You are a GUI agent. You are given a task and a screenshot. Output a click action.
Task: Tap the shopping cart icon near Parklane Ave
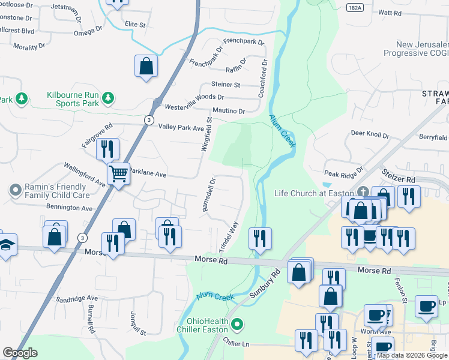pyautogui.click(x=119, y=174)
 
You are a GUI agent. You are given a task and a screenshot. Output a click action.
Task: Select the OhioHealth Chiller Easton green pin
pyautogui.click(x=238, y=326)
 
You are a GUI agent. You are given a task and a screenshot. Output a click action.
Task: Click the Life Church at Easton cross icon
pyautogui.click(x=362, y=192)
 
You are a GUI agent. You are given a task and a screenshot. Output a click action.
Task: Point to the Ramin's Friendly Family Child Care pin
pyautogui.click(x=16, y=191)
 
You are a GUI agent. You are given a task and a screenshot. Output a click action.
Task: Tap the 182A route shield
pyautogui.click(x=355, y=5)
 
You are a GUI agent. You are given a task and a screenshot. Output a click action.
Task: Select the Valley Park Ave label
pyautogui.click(x=181, y=127)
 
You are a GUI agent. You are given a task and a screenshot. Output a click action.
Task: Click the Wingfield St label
pyautogui.click(x=207, y=134)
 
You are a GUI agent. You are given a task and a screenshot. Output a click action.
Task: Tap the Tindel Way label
pyautogui.click(x=229, y=237)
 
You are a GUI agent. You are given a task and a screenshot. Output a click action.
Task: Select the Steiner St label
pyautogui.click(x=225, y=85)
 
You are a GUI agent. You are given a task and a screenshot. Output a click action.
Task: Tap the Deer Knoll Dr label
pyautogui.click(x=370, y=134)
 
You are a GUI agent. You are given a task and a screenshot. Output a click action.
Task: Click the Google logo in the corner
pyautogui.click(x=20, y=353)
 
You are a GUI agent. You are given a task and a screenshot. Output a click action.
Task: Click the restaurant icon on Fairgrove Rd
pyautogui.click(x=107, y=148)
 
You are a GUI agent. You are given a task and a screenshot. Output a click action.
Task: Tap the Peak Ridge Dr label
pyautogui.click(x=344, y=172)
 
